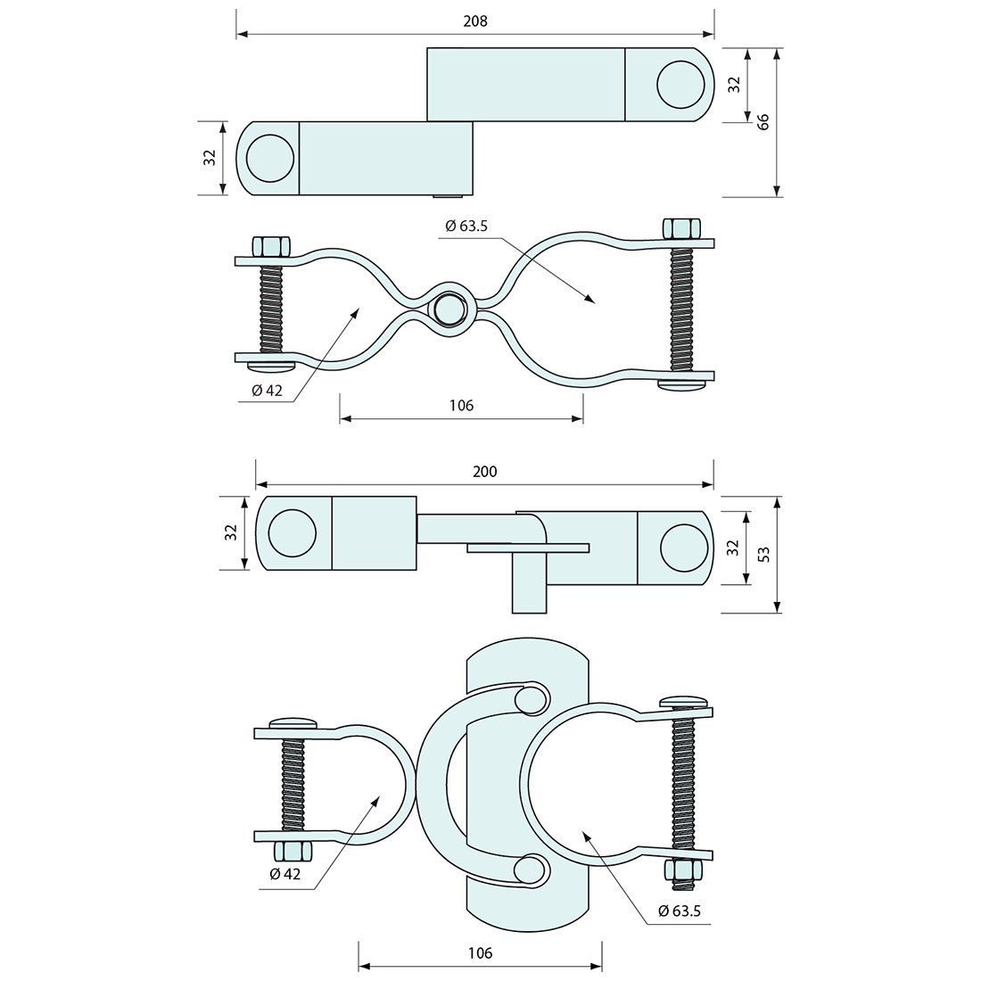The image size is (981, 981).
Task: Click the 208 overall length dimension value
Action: pos(474,21)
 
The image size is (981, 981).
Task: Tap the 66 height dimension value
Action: pos(763,121)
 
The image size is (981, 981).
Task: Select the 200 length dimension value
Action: pos(485,472)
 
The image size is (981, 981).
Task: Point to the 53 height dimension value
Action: pos(764,555)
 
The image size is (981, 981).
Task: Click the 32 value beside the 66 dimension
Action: pos(735,84)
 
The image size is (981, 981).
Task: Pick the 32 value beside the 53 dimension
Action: pos(733,548)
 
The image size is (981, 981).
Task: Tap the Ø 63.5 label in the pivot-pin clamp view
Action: pos(466,226)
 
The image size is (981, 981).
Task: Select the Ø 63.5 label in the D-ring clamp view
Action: pos(680,911)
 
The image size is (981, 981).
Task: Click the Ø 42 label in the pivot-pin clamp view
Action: pos(268,391)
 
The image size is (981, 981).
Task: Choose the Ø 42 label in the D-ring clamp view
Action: pos(285,874)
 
